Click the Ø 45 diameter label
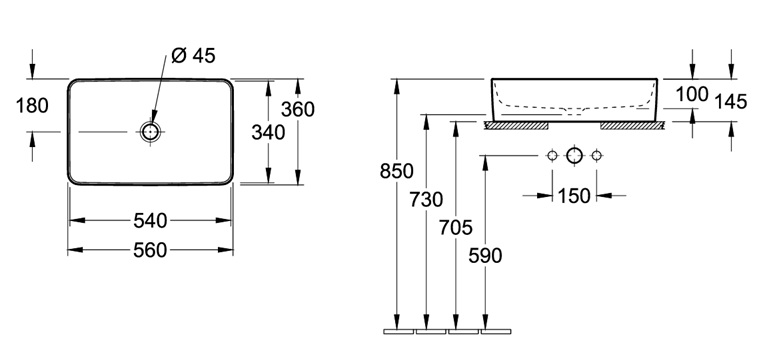coord(193,56)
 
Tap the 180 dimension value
coord(32,105)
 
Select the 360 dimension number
coord(298,110)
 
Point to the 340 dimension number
coord(268,132)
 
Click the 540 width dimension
coord(150,221)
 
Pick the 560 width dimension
coord(150,250)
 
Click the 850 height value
coord(397,171)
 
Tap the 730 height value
coord(426,200)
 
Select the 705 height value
coord(456,227)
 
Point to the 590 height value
coord(485,256)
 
